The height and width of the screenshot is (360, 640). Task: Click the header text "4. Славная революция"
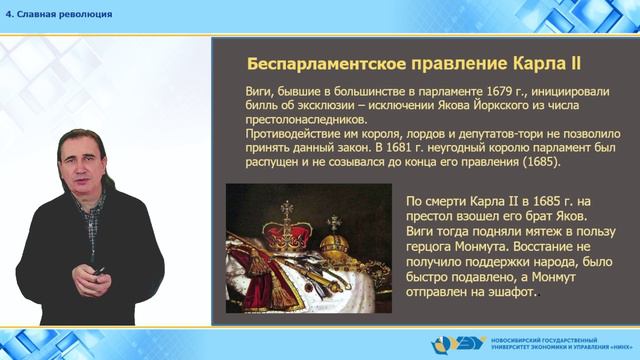tap(59, 14)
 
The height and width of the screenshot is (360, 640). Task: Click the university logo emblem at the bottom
tap(448, 343)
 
